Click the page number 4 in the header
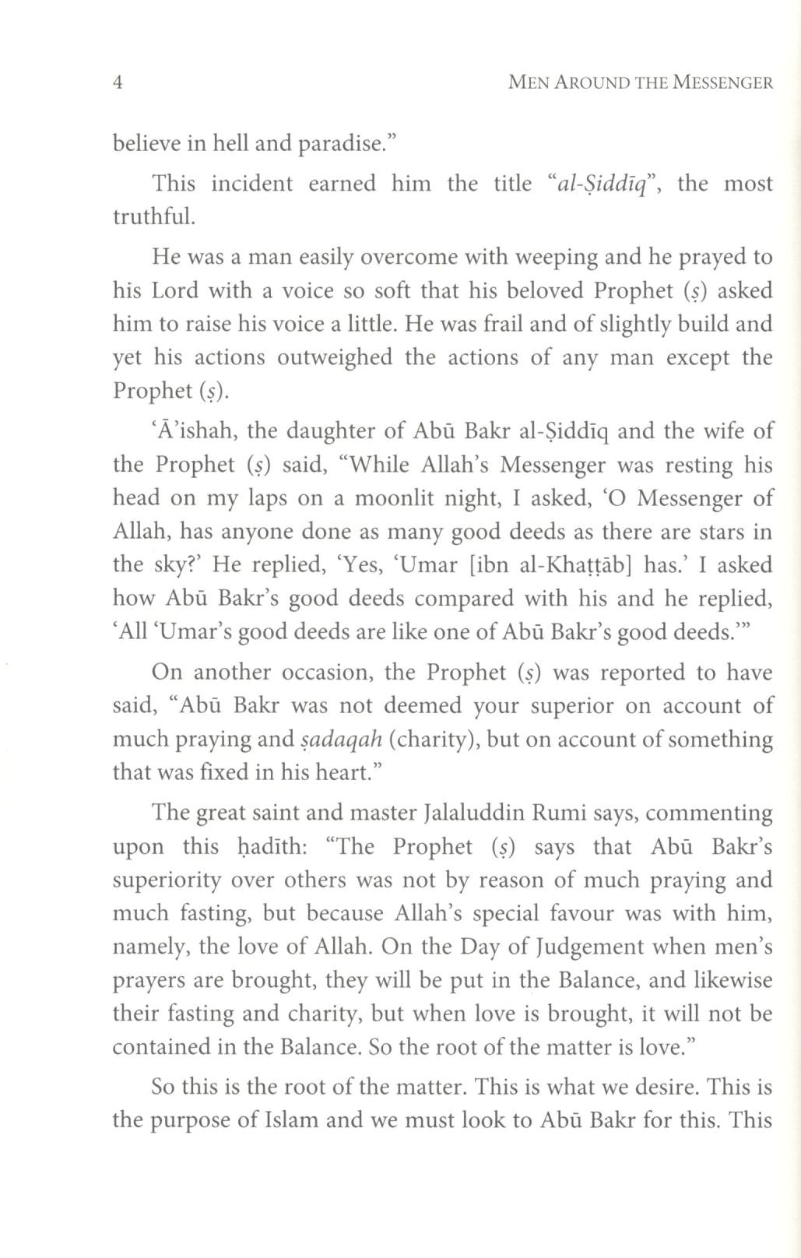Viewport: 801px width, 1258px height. pos(118,83)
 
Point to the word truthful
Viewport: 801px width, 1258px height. pos(153,216)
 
